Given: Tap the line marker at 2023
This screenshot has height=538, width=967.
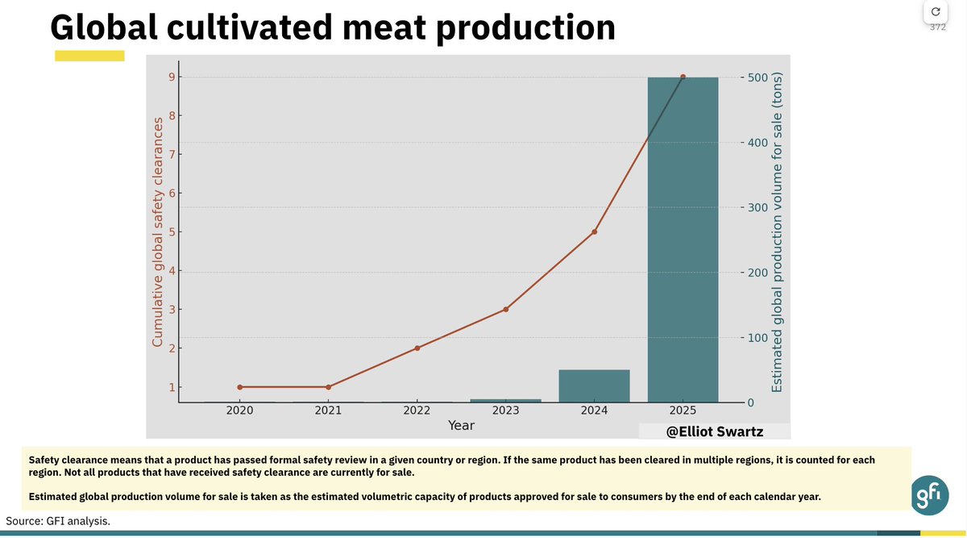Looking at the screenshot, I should coord(505,310).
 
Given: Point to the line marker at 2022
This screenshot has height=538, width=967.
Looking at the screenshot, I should coord(417,348).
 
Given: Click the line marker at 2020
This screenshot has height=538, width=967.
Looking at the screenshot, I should coord(239,387).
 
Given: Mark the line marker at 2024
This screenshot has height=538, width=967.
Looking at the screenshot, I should coord(594,231).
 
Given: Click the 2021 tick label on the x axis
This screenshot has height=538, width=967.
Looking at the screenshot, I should coord(328,411).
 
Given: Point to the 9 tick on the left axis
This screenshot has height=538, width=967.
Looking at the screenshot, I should coord(171,77).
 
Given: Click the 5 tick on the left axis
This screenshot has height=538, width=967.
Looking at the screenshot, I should coord(171,232).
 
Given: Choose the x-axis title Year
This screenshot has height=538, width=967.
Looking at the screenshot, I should coord(461,425).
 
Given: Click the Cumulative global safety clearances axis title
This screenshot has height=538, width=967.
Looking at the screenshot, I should coord(158,234).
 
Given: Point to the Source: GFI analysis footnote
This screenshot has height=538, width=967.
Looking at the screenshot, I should coord(58,521).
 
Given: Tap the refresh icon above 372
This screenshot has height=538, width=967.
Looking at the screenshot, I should coord(935,11).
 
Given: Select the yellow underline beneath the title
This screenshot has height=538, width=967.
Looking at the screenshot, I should coord(89,56).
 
